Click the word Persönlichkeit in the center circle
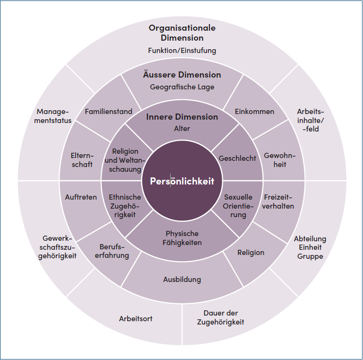(182, 181)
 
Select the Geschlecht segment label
(237, 158)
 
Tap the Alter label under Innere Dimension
(182, 128)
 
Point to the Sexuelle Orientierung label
(238, 206)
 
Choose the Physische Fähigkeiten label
(182, 238)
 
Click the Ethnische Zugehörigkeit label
(125, 206)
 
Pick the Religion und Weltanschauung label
(125, 160)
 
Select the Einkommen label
(254, 112)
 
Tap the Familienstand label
(109, 112)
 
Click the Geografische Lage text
(182, 87)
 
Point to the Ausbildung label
(182, 279)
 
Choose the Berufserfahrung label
(114, 251)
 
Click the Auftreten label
(81, 197)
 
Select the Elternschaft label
(82, 160)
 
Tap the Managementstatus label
(54, 116)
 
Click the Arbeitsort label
(136, 318)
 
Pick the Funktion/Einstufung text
(182, 50)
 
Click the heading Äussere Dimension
(182, 75)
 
